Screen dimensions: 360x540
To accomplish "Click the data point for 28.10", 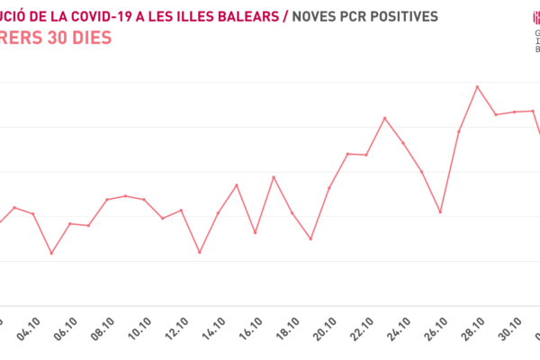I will [x=477, y=87].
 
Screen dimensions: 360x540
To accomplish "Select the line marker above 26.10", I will [x=440, y=211].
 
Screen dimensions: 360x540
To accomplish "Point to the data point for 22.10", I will [x=384, y=118].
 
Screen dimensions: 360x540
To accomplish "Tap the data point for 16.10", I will [x=274, y=177].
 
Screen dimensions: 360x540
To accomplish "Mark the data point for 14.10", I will [x=236, y=185].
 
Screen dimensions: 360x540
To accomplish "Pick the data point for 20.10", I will [x=347, y=154].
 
